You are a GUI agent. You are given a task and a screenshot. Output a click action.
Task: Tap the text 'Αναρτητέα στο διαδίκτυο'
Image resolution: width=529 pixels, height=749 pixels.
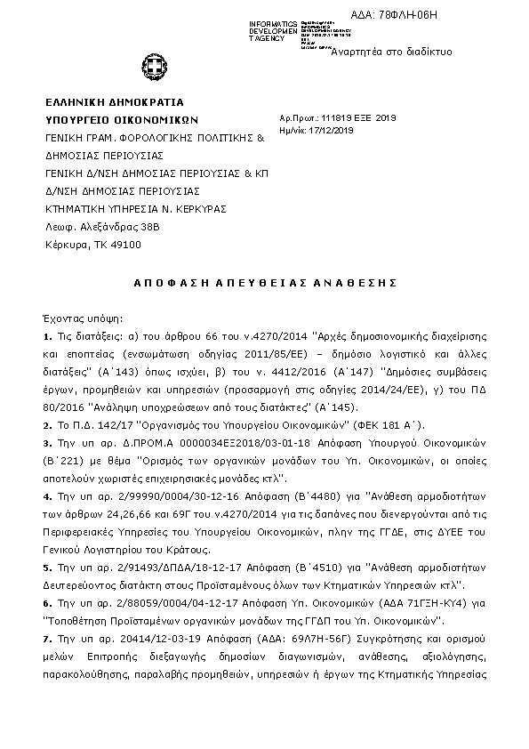point(390,52)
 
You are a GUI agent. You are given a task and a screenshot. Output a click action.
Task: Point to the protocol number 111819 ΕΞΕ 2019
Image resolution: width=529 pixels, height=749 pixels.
point(351,117)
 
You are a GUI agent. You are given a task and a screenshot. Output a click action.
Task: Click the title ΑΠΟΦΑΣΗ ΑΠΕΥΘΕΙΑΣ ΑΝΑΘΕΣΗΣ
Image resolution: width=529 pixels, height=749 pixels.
point(264,282)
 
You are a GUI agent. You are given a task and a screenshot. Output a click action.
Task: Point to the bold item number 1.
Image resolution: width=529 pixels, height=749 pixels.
point(46,337)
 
